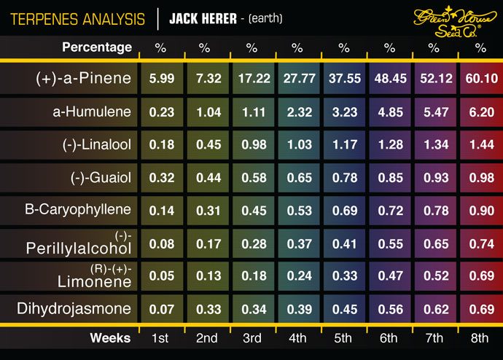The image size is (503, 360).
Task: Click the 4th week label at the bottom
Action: point(297,338)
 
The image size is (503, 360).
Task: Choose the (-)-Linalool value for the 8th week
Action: point(480,145)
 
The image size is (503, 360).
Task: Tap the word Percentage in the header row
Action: point(97,48)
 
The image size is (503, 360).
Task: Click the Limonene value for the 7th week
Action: point(434,277)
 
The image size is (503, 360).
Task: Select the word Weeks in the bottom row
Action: point(110,338)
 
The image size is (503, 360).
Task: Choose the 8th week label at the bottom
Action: point(480,338)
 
